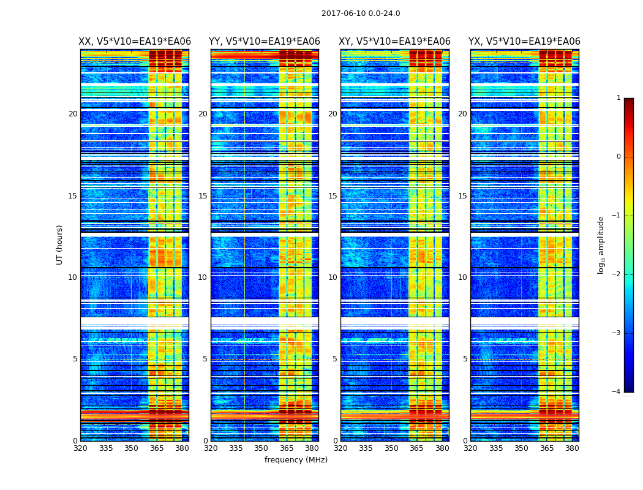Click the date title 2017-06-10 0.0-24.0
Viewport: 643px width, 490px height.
tap(361, 13)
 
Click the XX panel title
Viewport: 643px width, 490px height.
tap(135, 42)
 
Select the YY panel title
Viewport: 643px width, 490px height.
tap(265, 42)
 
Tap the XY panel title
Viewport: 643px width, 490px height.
tap(394, 42)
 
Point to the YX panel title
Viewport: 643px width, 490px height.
tap(524, 42)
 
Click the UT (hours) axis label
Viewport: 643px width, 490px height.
tap(60, 244)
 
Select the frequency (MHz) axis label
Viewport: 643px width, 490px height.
tap(296, 460)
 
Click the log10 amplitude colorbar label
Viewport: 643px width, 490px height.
tap(601, 244)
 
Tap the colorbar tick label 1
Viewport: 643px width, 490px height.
tap(618, 98)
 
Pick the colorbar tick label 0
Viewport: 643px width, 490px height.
tap(618, 157)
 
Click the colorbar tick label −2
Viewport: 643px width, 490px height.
tap(617, 274)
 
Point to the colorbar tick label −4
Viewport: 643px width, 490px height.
tap(617, 392)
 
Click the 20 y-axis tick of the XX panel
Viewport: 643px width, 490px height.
tap(73, 114)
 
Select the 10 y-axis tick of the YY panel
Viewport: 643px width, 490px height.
tap(203, 277)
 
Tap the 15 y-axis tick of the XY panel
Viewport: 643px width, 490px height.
tap(333, 196)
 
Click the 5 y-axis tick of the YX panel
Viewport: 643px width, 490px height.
tap(465, 359)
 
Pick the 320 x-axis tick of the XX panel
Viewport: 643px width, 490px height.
tap(80, 448)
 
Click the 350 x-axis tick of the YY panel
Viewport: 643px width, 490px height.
tap(261, 448)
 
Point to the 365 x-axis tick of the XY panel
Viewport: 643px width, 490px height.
tap(416, 448)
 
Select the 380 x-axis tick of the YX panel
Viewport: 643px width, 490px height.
tap(572, 448)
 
